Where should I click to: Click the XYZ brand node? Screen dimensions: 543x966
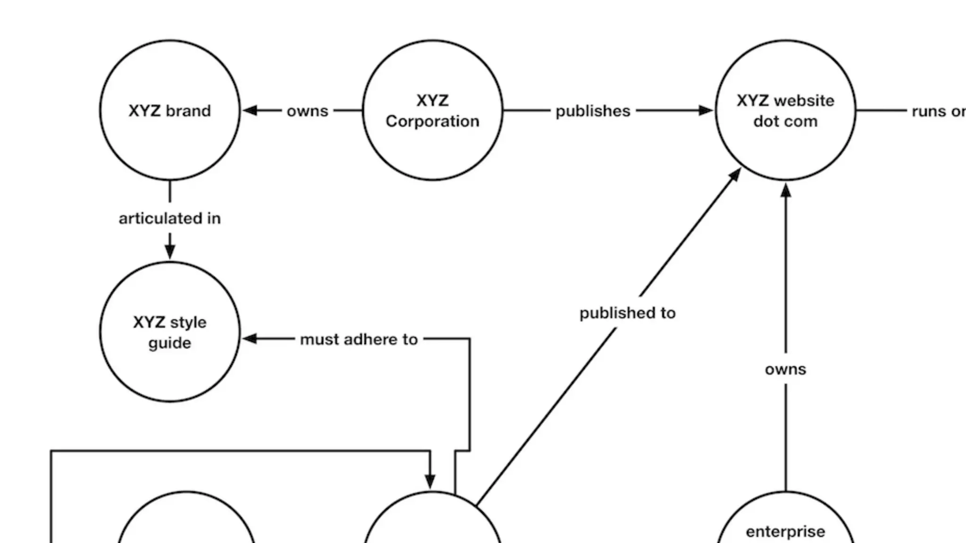[170, 110]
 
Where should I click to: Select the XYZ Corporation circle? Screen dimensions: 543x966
[432, 110]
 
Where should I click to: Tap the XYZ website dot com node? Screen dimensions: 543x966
[785, 110]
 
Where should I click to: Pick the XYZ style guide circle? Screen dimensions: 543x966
[170, 332]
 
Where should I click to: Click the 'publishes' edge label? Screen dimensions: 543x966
[593, 111]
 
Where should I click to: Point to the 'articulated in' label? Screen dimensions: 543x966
[170, 218]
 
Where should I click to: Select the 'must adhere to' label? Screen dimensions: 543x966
[359, 339]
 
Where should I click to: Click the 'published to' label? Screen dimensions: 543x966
[627, 313]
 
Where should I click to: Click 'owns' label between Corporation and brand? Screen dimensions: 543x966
[308, 111]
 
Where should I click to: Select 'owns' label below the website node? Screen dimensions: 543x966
[785, 369]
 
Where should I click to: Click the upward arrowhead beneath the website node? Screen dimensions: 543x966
[785, 190]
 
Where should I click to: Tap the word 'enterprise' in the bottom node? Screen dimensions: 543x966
[785, 532]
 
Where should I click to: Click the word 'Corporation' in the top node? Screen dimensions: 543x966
[432, 122]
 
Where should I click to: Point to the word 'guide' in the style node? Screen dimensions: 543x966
[170, 343]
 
